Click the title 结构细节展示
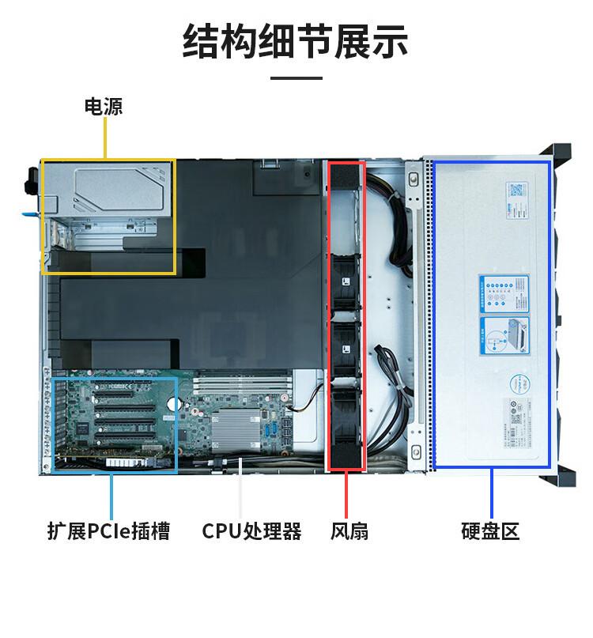296,42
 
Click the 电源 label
104,106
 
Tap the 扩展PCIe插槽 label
108,530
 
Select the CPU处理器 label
251,530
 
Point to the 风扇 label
349,530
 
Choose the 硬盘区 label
490,530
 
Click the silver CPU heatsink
235,430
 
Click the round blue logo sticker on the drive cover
518,383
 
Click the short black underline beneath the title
296,78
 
